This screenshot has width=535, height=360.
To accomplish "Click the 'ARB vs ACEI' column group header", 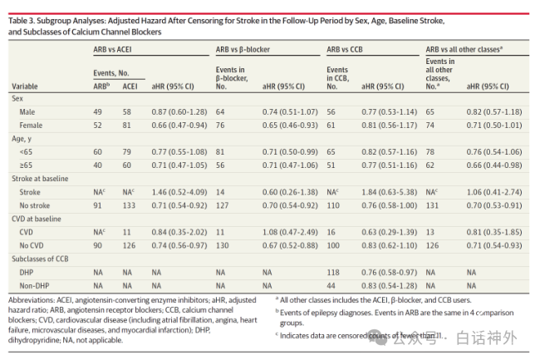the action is tap(112, 50).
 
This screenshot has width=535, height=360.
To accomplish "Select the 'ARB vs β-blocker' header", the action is tap(243, 50).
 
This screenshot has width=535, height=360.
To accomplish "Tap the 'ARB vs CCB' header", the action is tap(345, 50).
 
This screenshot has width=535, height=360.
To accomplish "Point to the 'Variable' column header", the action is tap(25, 86).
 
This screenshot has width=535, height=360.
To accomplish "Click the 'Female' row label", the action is tap(31, 126).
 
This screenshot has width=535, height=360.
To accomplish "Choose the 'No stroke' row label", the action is tap(34, 205).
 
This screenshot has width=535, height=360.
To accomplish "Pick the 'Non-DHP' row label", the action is tap(34, 286).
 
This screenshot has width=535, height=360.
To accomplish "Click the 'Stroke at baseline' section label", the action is tap(40, 179).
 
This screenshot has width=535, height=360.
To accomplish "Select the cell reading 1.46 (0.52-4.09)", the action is tap(179, 192).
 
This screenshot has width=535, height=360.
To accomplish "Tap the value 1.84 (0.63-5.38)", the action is tap(390, 192).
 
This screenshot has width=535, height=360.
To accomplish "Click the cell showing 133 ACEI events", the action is tap(129, 205).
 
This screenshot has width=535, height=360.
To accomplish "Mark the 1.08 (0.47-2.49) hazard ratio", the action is tap(290, 232).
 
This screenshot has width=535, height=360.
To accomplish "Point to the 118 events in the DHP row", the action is tap(333, 273).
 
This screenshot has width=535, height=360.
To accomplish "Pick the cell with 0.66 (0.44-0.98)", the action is tap(494, 165).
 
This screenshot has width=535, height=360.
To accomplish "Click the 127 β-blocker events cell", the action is tap(222, 205).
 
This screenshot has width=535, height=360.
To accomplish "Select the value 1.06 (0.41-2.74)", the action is tap(494, 192).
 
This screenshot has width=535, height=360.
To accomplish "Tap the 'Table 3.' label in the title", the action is tap(22, 21).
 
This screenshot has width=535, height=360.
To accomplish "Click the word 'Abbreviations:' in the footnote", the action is tap(31, 300).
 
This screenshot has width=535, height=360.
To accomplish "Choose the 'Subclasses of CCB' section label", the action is tap(40, 259).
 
